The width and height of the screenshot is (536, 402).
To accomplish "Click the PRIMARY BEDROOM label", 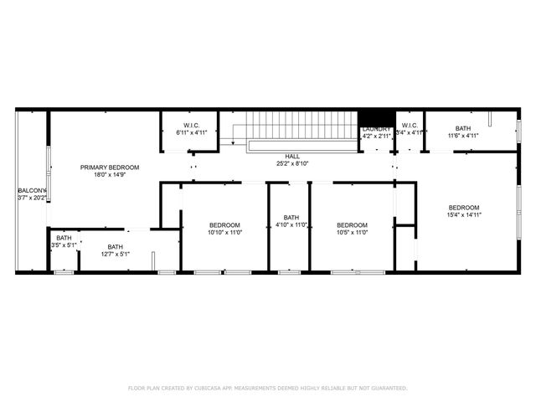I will click(110, 167).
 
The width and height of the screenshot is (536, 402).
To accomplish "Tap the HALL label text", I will click(292, 157).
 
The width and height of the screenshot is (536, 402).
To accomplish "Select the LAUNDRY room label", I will click(376, 128).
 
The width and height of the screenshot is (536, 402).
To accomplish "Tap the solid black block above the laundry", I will click(376, 117).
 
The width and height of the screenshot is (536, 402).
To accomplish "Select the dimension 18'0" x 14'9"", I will click(110, 176).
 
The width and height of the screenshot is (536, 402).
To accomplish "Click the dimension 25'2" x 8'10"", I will click(292, 164).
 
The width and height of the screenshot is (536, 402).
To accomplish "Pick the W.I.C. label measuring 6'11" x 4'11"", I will click(191, 126).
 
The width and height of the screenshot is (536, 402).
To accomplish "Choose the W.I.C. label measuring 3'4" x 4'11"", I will click(410, 126).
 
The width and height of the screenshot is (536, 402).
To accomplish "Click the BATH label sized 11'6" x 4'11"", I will click(462, 128).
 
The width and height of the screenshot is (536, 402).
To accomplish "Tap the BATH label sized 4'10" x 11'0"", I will click(291, 218).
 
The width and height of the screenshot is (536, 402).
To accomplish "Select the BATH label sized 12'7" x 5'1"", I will click(115, 246).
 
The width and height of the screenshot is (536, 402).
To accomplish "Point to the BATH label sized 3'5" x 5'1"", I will click(64, 239).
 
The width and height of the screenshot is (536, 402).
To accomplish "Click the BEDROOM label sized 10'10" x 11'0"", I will click(224, 224).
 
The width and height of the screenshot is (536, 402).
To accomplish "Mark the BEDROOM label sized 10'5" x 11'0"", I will click(352, 224).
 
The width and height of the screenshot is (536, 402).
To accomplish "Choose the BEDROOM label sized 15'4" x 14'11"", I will click(463, 208).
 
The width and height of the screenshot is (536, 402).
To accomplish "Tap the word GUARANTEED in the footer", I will click(389, 388).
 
